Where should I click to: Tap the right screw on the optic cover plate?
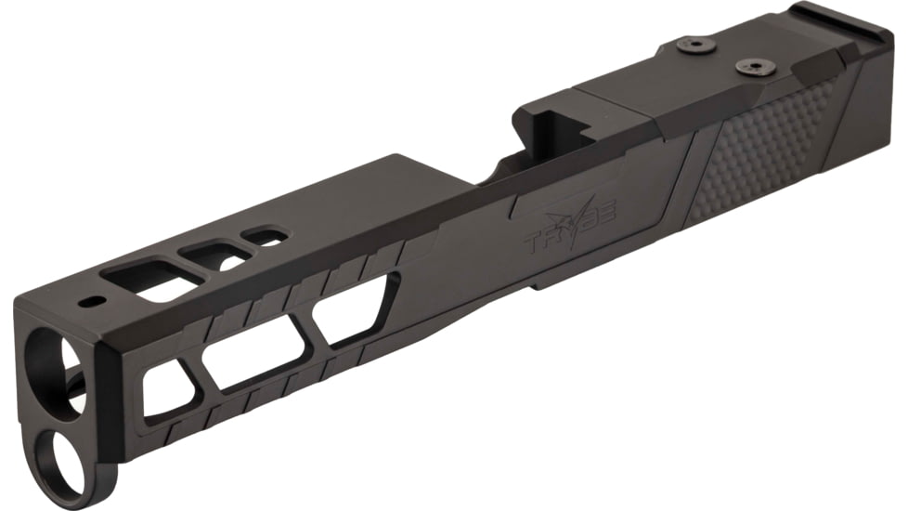(x=748, y=66)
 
